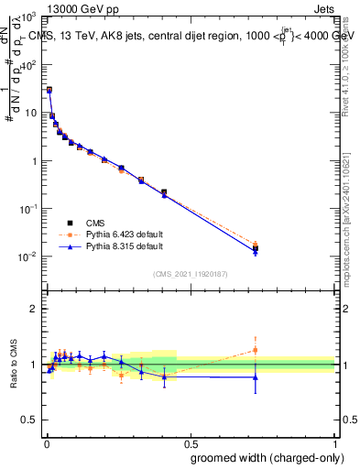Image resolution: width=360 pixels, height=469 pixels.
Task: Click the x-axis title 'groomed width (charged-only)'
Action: pos(263,457)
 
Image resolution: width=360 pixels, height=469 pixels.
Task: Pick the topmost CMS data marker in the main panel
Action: pos(49,90)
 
